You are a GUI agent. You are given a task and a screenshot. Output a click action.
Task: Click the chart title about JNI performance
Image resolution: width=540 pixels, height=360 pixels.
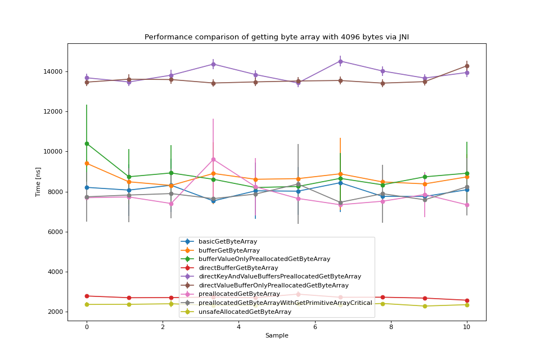(x=277, y=37)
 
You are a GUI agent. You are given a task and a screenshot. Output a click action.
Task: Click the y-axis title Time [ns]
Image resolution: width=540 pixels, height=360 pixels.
(x=38, y=182)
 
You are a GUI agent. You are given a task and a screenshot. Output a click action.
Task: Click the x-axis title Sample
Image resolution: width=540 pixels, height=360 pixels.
(x=277, y=336)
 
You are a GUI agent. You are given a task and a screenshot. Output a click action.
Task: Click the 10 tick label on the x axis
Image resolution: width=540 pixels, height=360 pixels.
(x=467, y=327)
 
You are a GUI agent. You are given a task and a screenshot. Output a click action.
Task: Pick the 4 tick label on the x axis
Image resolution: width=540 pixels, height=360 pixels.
(x=238, y=327)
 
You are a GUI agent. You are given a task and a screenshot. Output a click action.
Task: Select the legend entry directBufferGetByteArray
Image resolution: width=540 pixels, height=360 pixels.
(x=238, y=268)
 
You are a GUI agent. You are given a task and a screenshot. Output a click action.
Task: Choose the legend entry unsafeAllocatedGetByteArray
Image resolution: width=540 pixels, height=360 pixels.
(x=245, y=312)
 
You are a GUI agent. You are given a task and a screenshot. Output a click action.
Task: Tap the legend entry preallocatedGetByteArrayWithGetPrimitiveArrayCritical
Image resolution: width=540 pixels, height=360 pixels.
(x=285, y=303)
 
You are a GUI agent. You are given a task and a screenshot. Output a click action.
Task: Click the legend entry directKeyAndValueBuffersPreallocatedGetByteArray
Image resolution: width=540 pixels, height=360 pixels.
(x=280, y=276)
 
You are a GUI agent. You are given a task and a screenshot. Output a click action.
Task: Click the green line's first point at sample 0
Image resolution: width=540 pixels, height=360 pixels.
(x=87, y=143)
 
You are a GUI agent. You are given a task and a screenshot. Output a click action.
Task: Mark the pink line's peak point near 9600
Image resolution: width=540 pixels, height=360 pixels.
(x=213, y=159)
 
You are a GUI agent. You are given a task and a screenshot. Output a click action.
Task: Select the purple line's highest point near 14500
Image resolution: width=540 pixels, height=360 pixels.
(x=340, y=61)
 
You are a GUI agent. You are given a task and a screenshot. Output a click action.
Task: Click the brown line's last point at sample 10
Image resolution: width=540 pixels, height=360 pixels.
(x=467, y=66)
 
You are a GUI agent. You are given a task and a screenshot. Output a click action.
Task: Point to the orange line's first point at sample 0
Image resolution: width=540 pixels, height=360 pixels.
(x=87, y=163)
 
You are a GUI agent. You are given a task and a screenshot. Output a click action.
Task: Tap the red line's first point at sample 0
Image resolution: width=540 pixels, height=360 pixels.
(x=87, y=296)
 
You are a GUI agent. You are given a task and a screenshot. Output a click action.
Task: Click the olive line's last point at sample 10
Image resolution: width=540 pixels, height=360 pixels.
(x=467, y=304)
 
